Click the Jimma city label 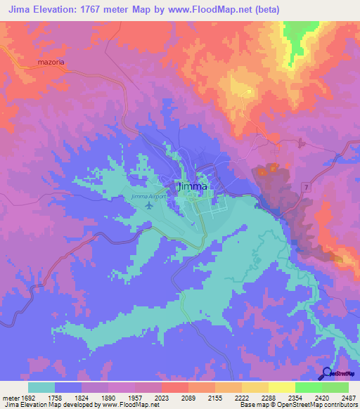click(x=193, y=187)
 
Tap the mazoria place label click(x=51, y=63)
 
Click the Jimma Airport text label click(x=147, y=197)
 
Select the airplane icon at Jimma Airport click(x=148, y=206)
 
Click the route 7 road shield click(x=307, y=186)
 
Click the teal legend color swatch click(x=41, y=387)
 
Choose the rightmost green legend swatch click(x=335, y=387)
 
